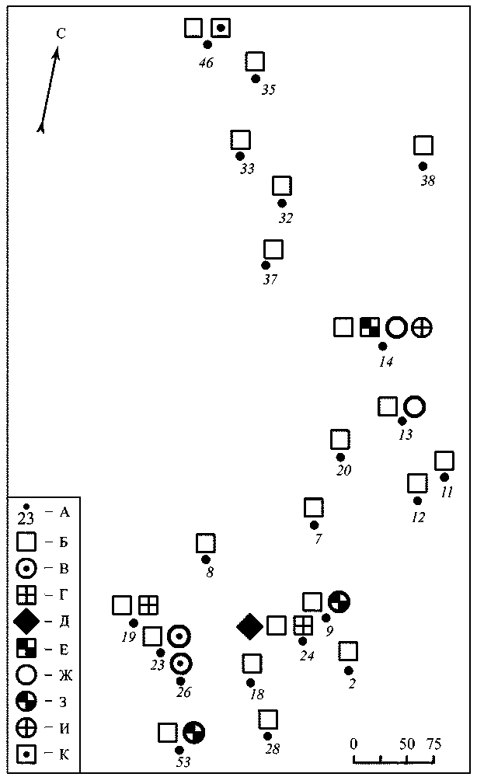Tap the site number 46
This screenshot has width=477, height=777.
[x=206, y=64]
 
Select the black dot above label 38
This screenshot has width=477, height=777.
[x=423, y=166]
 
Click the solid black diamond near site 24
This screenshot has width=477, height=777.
[x=250, y=625]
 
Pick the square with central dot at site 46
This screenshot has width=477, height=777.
[x=221, y=28]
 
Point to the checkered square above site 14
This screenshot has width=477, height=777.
[x=370, y=327]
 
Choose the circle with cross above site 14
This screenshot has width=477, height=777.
[x=421, y=327]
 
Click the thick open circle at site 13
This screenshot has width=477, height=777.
[x=414, y=406]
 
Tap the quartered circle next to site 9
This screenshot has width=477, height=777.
[x=339, y=601]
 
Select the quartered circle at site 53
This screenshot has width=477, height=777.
[x=193, y=732]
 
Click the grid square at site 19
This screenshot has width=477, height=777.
[x=148, y=605]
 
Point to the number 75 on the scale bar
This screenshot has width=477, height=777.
[x=433, y=744]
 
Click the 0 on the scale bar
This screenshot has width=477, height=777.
[x=353, y=744]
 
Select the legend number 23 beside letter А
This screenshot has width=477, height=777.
[x=26, y=518]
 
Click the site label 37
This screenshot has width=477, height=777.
[x=270, y=280]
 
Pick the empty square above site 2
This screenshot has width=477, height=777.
[x=348, y=651]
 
